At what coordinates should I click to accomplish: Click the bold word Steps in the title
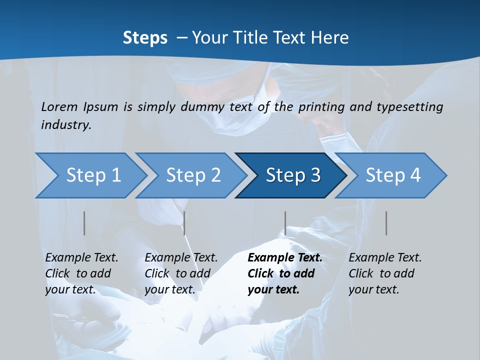pyautogui.click(x=145, y=38)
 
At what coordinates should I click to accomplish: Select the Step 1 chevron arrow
pyautogui.click(x=90, y=175)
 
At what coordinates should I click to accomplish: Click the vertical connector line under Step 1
pyautogui.click(x=84, y=223)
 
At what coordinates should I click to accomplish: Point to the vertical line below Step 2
pyautogui.click(x=184, y=223)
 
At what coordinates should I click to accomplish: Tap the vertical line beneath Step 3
pyautogui.click(x=285, y=223)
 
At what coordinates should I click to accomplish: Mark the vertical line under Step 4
pyautogui.click(x=386, y=223)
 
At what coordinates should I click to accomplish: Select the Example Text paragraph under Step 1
pyautogui.click(x=81, y=273)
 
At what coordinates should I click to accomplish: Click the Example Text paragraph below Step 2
pyautogui.click(x=181, y=273)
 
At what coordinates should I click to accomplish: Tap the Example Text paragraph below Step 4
pyautogui.click(x=385, y=273)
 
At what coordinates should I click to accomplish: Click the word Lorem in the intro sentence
pyautogui.click(x=59, y=107)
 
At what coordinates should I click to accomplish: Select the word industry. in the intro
pyautogui.click(x=66, y=125)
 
